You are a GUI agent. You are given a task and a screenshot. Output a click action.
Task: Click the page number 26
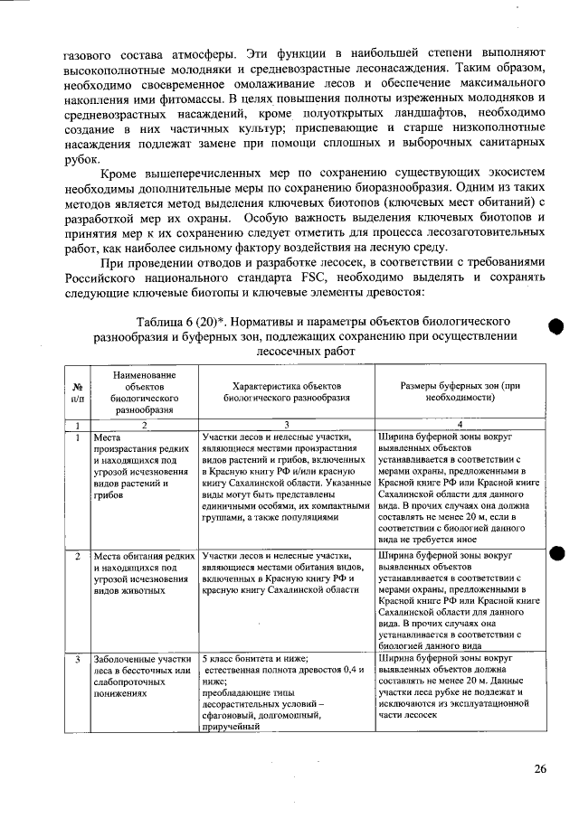(539, 768)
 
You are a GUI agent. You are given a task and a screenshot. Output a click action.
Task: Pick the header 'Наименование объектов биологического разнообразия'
(140, 390)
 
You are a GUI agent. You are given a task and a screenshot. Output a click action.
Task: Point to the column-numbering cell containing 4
(460, 424)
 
